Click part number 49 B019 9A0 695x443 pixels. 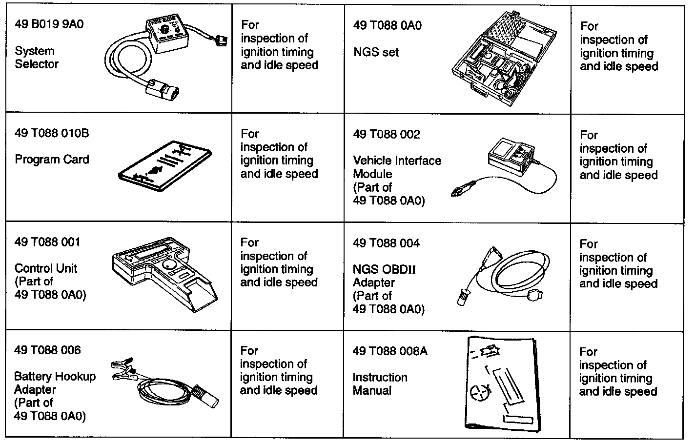point(49,24)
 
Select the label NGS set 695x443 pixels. point(376,52)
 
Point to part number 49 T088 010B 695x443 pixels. point(52,133)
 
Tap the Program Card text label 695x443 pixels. point(52,160)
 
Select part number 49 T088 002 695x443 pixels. point(386,134)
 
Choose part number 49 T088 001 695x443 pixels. point(47,242)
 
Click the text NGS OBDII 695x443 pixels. point(384,269)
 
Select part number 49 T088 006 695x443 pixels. point(47,350)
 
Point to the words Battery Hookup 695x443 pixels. point(55,377)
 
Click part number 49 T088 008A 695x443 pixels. point(389,351)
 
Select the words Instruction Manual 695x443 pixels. point(379,383)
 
